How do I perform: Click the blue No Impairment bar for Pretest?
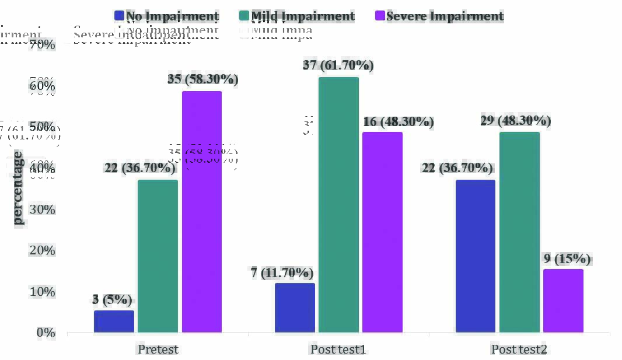[114, 321]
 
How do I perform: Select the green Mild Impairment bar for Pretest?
[158, 256]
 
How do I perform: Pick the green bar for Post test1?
[338, 205]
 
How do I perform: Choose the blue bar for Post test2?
[475, 256]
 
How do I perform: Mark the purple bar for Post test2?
[563, 300]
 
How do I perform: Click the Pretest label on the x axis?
[158, 349]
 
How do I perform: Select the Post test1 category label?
[338, 349]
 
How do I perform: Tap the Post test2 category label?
[519, 349]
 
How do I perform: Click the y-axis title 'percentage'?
[18, 188]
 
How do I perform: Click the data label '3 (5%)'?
[112, 300]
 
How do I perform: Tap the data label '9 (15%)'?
[564, 258]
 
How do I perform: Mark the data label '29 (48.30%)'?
[516, 121]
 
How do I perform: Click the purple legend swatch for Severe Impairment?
[379, 16]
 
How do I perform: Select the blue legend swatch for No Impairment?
[119, 16]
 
